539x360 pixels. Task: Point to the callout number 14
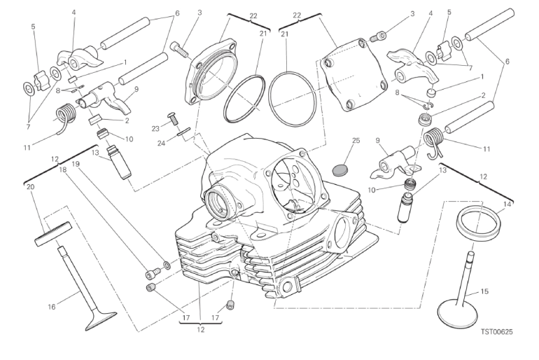pyautogui.click(x=507, y=204)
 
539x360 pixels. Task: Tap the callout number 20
pyautogui.click(x=29, y=187)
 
